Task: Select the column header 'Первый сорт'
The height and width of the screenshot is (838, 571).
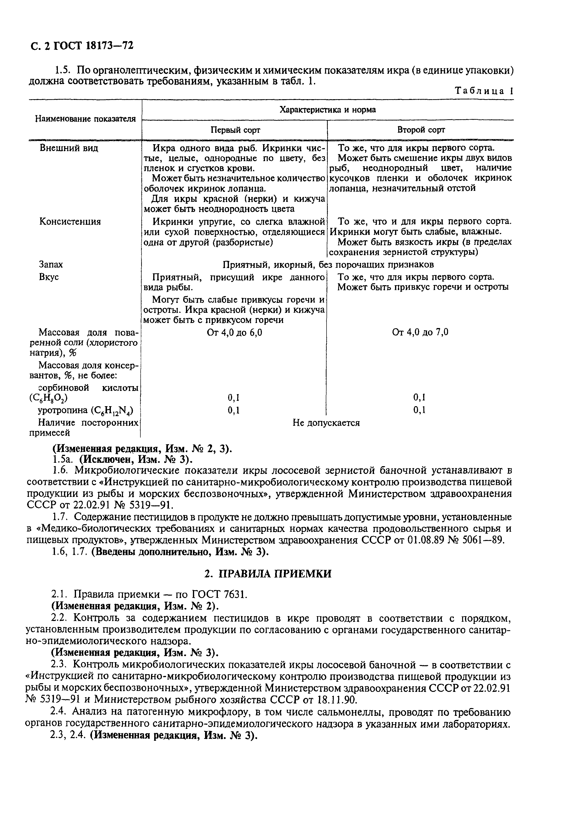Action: [235, 130]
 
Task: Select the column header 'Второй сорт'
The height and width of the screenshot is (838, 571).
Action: [421, 130]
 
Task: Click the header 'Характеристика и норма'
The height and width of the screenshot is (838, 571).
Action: [327, 110]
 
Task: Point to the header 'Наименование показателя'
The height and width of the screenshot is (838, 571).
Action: [85, 119]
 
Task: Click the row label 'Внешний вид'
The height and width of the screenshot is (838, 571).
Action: [69, 148]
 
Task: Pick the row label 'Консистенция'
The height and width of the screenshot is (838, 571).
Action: [70, 221]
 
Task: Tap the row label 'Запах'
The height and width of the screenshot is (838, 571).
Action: [51, 264]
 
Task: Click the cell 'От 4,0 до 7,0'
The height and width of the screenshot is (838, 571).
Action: [420, 332]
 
